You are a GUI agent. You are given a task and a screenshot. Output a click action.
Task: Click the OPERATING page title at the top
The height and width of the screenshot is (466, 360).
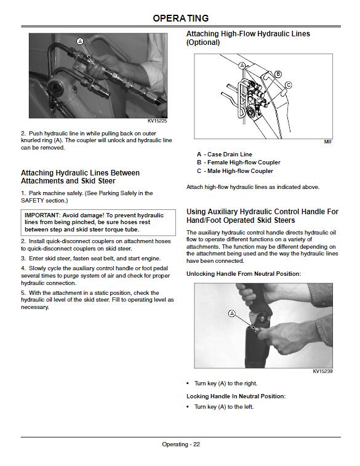pos(180,18)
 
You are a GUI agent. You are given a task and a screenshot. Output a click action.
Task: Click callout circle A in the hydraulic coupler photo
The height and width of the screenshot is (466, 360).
pos(80,42)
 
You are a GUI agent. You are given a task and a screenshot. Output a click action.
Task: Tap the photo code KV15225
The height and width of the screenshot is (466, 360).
pos(157,121)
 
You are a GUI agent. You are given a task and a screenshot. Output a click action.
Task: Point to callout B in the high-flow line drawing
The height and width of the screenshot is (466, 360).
pos(278,74)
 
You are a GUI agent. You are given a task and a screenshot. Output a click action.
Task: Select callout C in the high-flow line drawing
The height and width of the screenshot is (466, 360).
pos(288,86)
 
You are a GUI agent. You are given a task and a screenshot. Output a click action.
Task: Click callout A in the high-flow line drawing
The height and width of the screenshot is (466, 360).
pos(242,65)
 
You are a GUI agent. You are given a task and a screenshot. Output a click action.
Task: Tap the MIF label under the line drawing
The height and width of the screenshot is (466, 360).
pos(328,142)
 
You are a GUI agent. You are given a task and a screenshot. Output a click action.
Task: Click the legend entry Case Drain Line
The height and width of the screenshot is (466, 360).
pos(230,155)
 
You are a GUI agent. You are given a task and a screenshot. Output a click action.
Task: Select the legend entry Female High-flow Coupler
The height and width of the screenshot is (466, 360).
pos(244,163)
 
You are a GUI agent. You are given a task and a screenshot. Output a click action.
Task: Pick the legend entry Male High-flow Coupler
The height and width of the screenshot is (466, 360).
pos(240,171)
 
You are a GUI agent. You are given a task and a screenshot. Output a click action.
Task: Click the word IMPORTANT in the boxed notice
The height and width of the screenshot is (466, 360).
pos(42,215)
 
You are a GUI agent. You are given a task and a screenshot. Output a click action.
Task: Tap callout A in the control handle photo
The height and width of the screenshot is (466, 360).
pos(231,313)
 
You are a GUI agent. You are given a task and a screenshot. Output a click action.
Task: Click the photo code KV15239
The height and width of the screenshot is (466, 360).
pos(322,371)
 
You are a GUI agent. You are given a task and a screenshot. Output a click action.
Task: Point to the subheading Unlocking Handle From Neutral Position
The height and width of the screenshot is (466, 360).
pos(244,274)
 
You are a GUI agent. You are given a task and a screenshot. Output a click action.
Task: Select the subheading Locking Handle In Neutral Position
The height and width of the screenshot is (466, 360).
pos(236,396)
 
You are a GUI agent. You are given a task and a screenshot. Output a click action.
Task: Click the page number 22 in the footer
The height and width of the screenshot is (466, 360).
pos(197,444)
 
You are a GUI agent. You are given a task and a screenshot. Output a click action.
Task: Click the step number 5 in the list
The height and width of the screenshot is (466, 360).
pos(23,293)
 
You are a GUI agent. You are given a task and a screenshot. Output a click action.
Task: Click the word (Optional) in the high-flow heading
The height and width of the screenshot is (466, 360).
pos(203,42)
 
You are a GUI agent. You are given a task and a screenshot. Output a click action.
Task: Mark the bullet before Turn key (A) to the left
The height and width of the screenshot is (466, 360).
pos(188,406)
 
